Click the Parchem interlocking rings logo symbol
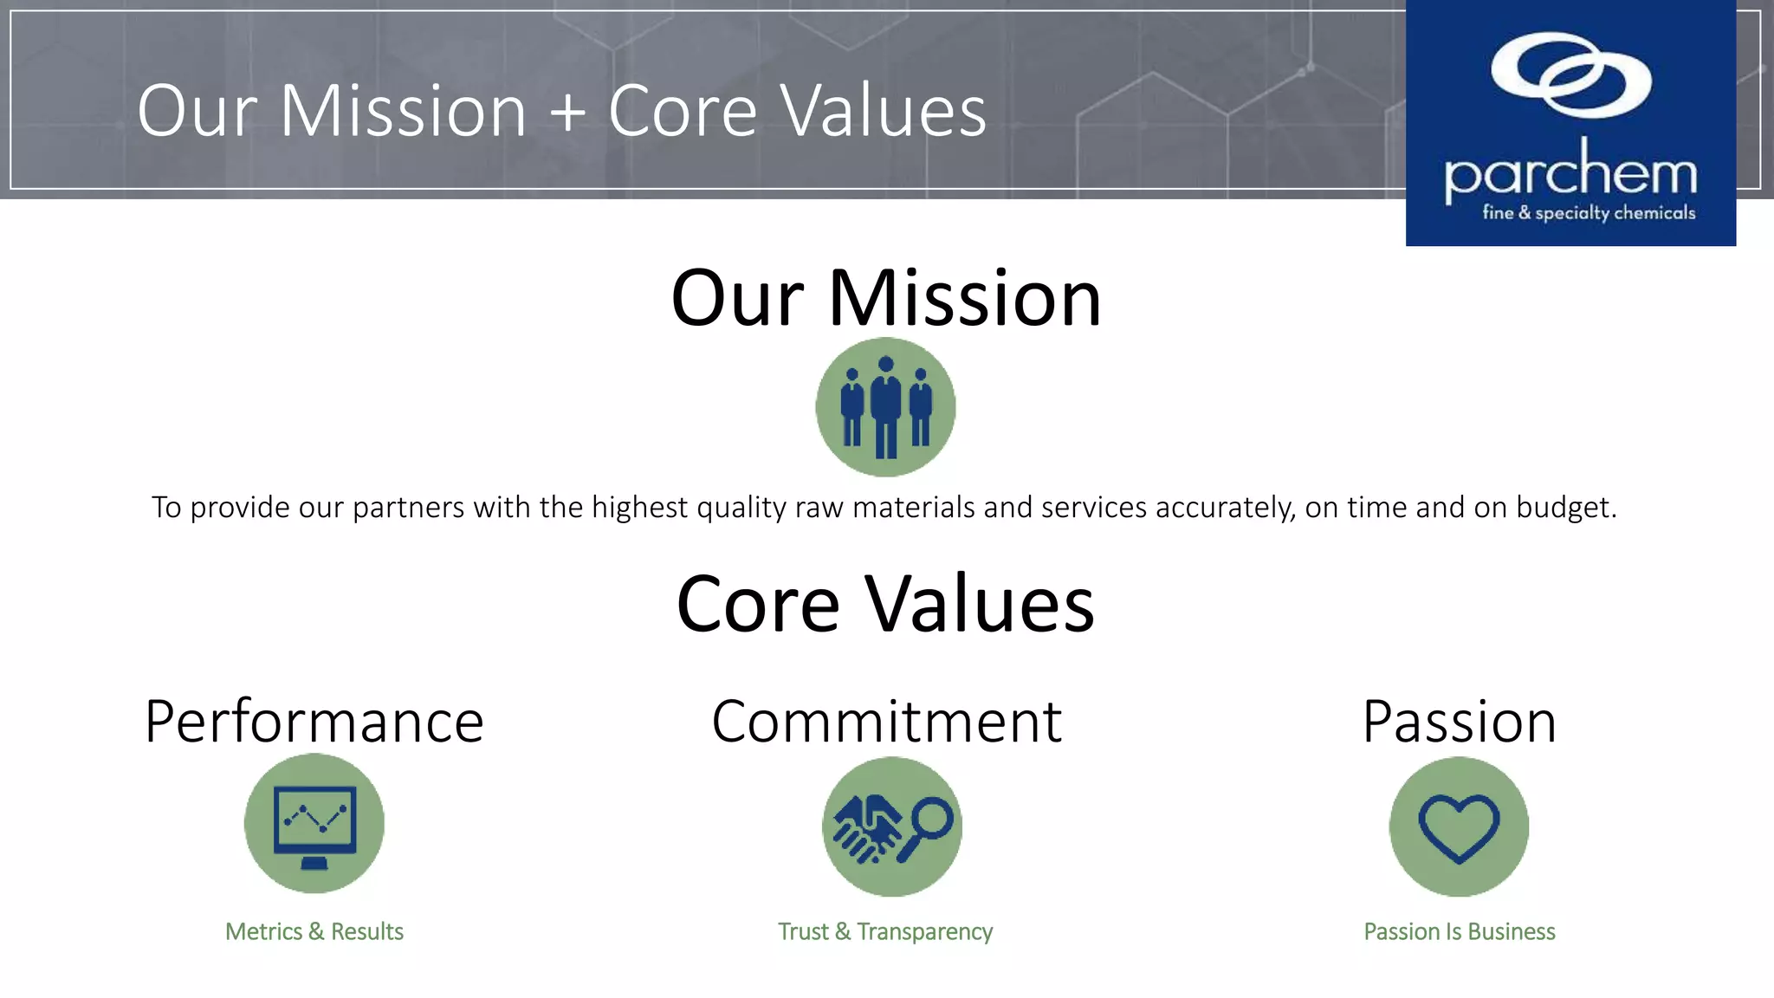coord(1571,75)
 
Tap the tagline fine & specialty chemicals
coord(1589,213)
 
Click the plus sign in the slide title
coord(568,111)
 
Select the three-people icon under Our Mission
coord(885,407)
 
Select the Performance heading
coord(314,721)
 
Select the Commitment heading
coord(886,721)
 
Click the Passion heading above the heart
coord(1459,721)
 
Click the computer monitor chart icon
coord(314,824)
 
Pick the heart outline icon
coord(1459,827)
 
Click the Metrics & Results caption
coord(314,931)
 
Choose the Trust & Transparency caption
coord(885,931)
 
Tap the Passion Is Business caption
coord(1459,931)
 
